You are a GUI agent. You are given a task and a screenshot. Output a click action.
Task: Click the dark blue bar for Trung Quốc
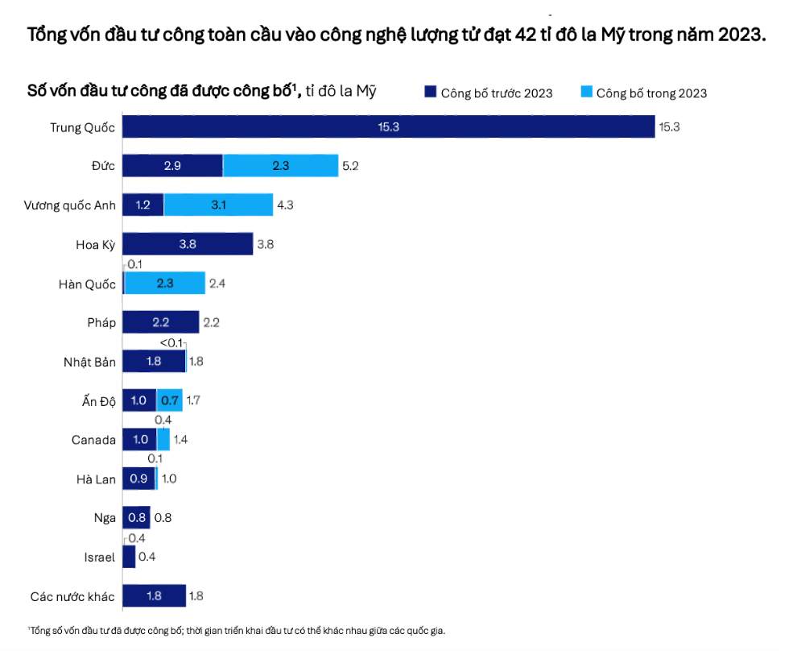(x=388, y=127)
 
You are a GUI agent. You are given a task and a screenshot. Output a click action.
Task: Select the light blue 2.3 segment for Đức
(x=280, y=166)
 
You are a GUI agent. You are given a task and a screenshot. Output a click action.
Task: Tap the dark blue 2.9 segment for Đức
(x=172, y=166)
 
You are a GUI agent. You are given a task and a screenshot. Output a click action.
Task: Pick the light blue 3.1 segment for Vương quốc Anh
(x=218, y=205)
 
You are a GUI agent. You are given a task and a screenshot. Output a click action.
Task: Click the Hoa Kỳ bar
(x=188, y=244)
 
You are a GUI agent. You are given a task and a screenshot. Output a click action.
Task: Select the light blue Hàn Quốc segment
(x=165, y=284)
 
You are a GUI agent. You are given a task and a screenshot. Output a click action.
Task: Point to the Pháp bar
(x=160, y=322)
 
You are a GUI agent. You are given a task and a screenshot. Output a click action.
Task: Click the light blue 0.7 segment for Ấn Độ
(x=169, y=400)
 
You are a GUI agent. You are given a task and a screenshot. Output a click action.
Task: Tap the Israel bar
(x=129, y=557)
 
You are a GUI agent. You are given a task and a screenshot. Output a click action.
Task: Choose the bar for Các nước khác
(x=154, y=597)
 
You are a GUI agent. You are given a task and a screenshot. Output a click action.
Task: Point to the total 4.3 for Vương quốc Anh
(x=285, y=205)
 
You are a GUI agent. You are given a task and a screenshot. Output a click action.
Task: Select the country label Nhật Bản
(x=89, y=362)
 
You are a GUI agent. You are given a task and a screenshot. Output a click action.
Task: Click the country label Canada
(x=93, y=440)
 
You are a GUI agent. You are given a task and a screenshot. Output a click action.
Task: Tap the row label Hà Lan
(x=96, y=479)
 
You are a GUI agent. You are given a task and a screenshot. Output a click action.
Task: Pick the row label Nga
(x=105, y=518)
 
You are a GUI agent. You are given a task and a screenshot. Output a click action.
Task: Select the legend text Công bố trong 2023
(x=651, y=93)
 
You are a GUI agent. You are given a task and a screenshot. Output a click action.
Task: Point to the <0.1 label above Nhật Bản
(x=171, y=342)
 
